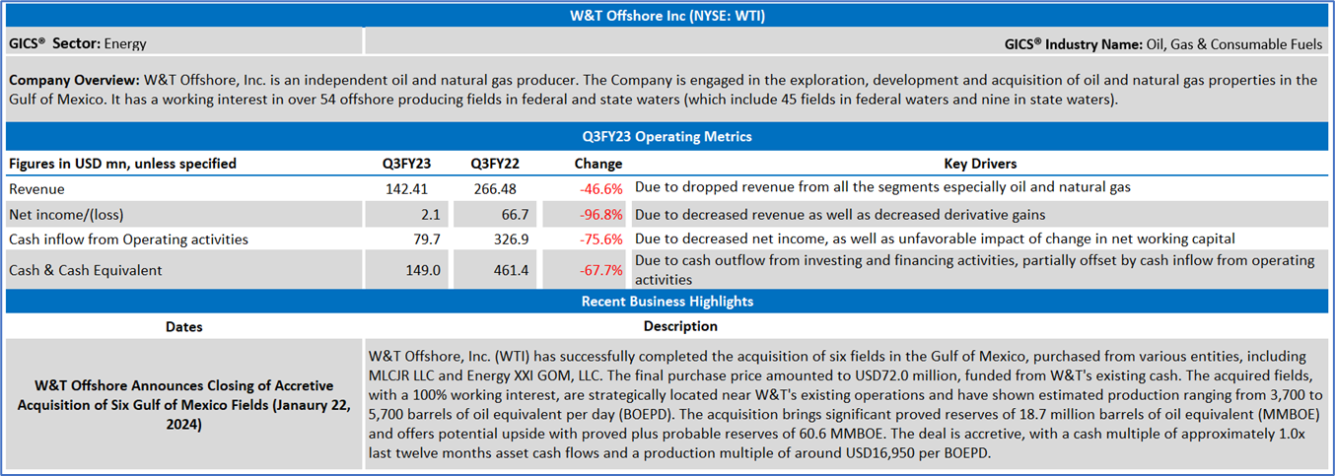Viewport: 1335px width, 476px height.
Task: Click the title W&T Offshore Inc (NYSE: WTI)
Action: click(667, 15)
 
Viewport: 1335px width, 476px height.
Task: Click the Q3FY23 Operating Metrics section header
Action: click(667, 137)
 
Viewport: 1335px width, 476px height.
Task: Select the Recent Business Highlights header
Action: click(667, 301)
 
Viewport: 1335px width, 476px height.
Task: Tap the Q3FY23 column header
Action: click(407, 164)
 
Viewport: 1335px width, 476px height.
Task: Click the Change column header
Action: click(597, 164)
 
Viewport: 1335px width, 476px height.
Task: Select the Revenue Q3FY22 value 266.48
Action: click(494, 187)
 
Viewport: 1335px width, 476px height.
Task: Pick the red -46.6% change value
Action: click(599, 187)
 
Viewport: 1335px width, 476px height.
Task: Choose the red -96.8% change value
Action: click(599, 214)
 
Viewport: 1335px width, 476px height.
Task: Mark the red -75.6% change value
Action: click(599, 238)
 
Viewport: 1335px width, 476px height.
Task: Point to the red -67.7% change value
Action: click(599, 270)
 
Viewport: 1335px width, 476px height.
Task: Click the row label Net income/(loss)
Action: click(66, 214)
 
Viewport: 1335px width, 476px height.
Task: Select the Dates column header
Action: click(183, 326)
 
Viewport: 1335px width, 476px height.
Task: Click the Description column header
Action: click(680, 326)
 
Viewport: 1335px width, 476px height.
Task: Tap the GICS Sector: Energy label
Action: click(78, 43)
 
